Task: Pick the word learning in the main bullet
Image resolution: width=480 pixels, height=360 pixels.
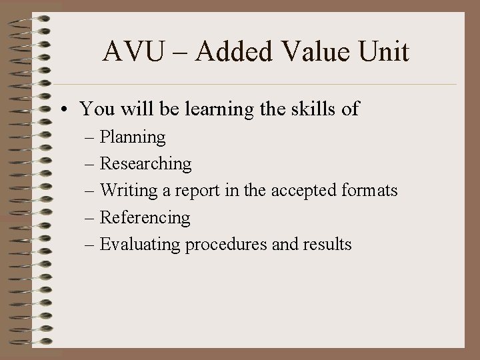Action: (x=217, y=108)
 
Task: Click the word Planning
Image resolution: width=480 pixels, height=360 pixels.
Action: (x=133, y=137)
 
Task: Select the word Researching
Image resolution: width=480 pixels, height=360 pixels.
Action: (x=145, y=164)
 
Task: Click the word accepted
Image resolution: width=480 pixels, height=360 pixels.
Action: (x=303, y=191)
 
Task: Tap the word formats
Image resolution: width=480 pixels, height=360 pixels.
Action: (x=369, y=191)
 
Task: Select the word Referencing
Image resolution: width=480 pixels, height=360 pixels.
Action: (x=145, y=218)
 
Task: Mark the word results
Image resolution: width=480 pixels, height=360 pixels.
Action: (x=327, y=244)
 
